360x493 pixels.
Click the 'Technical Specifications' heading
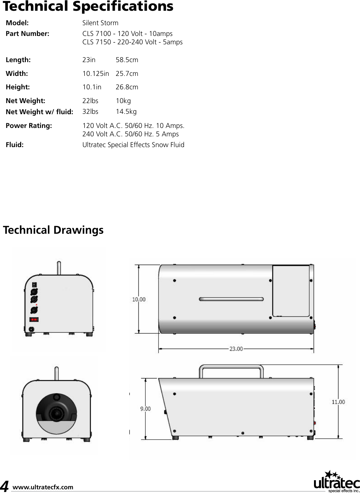(x=88, y=6)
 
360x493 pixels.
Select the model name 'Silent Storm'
(x=100, y=23)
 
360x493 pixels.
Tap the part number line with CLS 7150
(x=132, y=42)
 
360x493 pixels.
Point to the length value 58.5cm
(x=127, y=60)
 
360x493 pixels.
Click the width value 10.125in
(x=95, y=74)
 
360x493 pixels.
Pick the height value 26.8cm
(x=127, y=87)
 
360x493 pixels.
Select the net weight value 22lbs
(x=90, y=101)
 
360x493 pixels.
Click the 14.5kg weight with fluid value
(x=126, y=111)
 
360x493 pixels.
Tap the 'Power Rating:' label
(x=29, y=126)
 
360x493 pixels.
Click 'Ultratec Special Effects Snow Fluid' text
(x=133, y=145)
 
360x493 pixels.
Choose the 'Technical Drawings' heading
(x=53, y=230)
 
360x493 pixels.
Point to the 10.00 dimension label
(x=139, y=299)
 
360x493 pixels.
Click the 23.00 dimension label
(x=236, y=349)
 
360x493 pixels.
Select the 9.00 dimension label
(x=145, y=409)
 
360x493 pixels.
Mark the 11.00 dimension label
(x=338, y=402)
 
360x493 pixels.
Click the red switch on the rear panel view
(x=34, y=319)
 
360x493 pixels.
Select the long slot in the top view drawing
(x=231, y=299)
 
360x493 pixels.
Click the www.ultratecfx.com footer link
(x=43, y=487)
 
